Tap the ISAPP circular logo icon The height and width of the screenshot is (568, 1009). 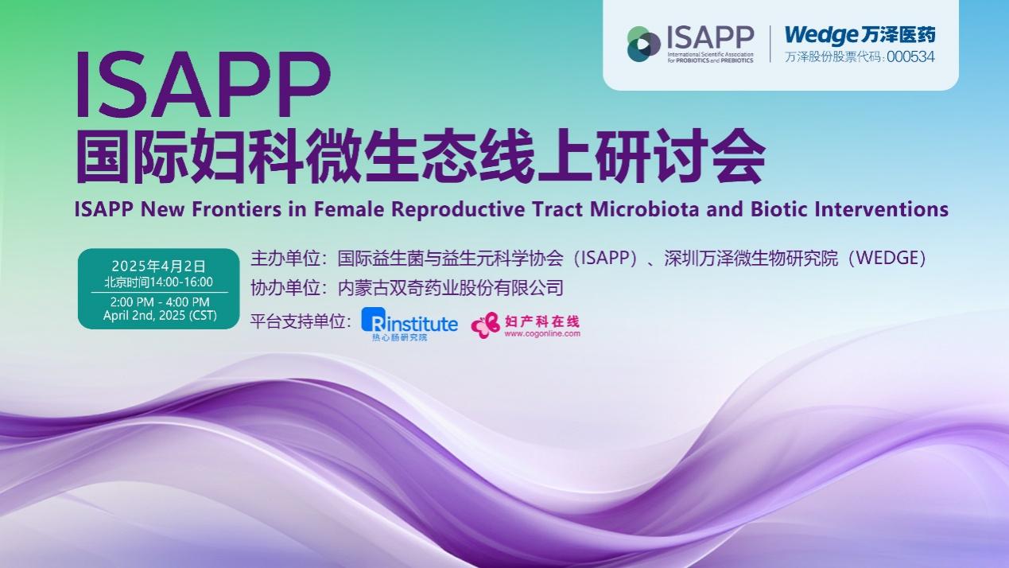[644, 44]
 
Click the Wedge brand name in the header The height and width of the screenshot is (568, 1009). [821, 35]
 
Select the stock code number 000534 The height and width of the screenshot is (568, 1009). [910, 57]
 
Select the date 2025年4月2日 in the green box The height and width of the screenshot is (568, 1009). [158, 265]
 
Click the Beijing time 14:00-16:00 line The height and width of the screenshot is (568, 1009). [158, 282]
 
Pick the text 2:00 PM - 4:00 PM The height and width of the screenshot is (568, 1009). [159, 302]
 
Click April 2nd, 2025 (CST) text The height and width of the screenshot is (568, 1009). [159, 316]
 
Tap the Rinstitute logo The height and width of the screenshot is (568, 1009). [409, 323]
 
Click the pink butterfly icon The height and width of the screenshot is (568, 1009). [485, 325]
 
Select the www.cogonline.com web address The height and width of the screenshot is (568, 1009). [541, 334]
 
